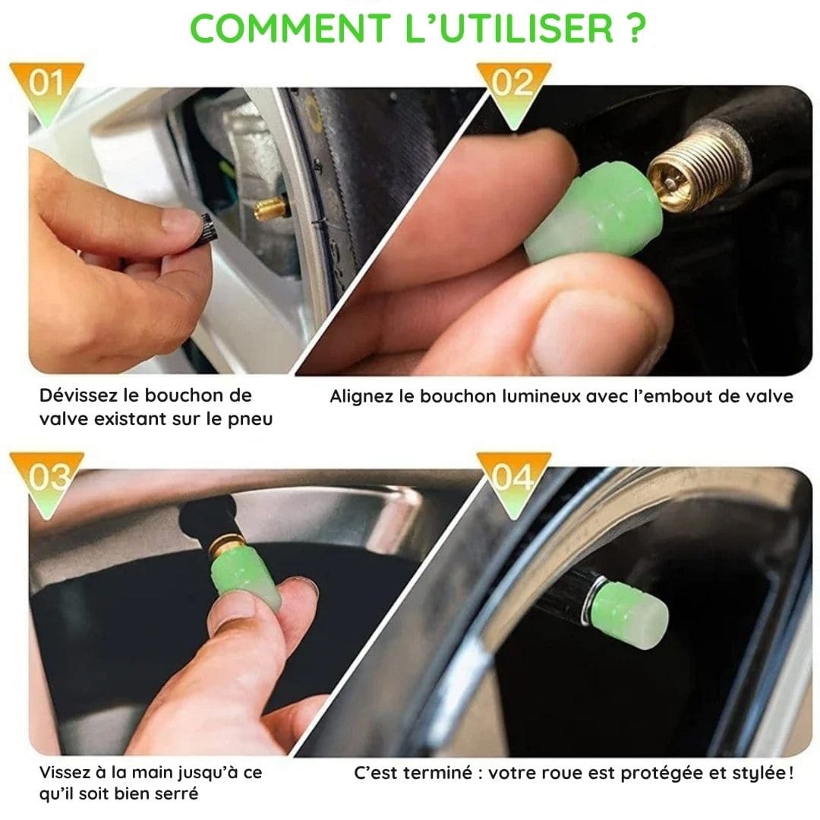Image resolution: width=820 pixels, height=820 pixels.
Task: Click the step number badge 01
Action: click(x=46, y=89)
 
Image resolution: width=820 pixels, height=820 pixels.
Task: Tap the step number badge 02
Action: click(x=513, y=90)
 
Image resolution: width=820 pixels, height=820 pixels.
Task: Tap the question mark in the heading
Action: click(x=635, y=28)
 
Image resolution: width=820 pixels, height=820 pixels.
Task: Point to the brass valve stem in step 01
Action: click(x=271, y=207)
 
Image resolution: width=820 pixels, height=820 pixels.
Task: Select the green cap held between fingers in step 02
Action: click(x=594, y=213)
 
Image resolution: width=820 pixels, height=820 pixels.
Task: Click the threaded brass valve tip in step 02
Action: click(x=693, y=166)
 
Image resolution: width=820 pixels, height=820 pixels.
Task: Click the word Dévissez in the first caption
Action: click(x=78, y=396)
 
